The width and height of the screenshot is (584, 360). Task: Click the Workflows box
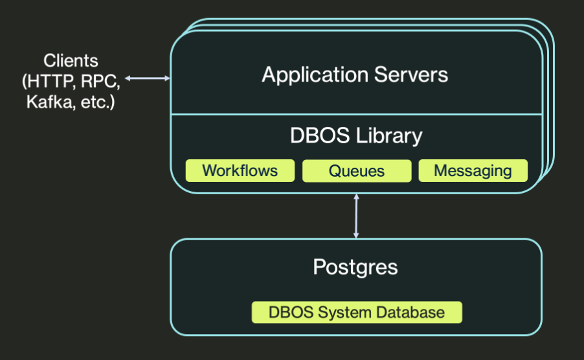[240, 171]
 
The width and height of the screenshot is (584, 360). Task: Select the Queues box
[357, 171]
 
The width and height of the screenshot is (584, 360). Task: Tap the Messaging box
[473, 170]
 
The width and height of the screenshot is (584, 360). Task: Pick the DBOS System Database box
[357, 312]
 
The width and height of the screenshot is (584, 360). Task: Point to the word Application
[315, 76]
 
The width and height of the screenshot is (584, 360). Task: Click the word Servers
[411, 74]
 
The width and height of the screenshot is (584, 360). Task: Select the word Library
[389, 136]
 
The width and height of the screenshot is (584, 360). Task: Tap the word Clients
[71, 61]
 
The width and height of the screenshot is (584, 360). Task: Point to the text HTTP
[50, 82]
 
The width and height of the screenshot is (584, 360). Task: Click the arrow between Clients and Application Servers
[148, 78]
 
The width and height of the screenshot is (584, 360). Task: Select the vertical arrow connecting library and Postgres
[356, 216]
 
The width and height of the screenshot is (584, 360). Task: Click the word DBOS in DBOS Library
[320, 135]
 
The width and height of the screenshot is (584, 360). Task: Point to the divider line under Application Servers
[357, 115]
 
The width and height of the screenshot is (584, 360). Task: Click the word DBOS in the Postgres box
[291, 312]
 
